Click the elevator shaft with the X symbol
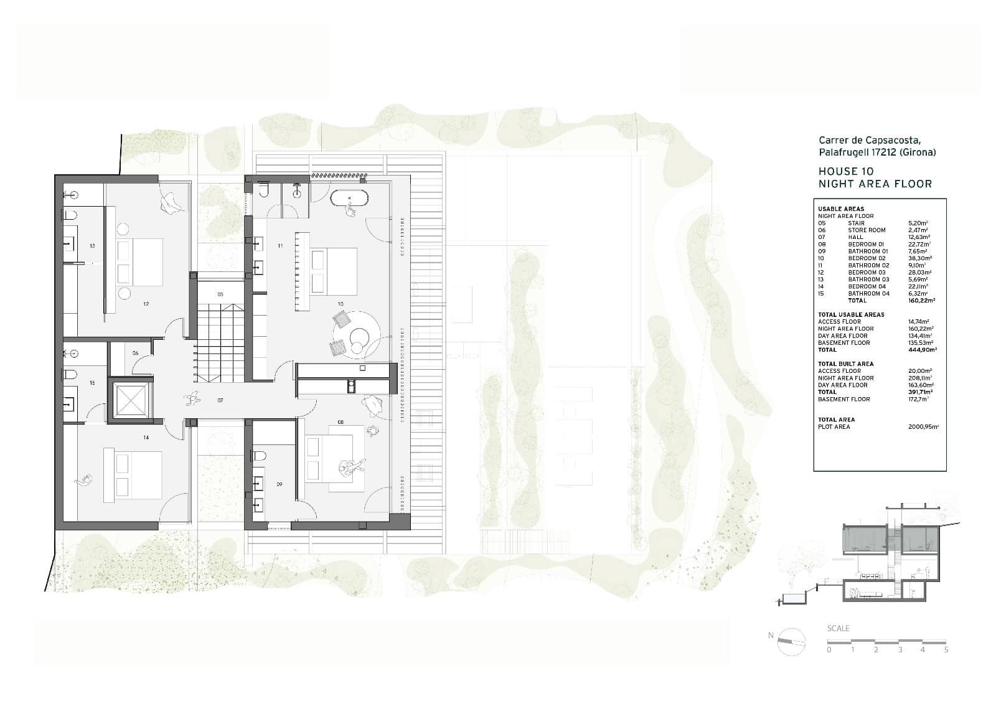(129, 400)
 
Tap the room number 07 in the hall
(220, 400)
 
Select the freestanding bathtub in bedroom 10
(349, 199)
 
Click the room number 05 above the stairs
(220, 294)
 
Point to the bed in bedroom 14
(138, 476)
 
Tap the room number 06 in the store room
(135, 353)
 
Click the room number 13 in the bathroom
(92, 246)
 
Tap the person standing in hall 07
(192, 398)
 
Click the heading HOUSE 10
(845, 171)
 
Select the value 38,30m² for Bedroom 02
(919, 258)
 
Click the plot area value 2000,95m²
(924, 427)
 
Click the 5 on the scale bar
(946, 650)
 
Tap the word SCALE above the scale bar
(838, 628)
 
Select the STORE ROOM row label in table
(866, 230)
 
